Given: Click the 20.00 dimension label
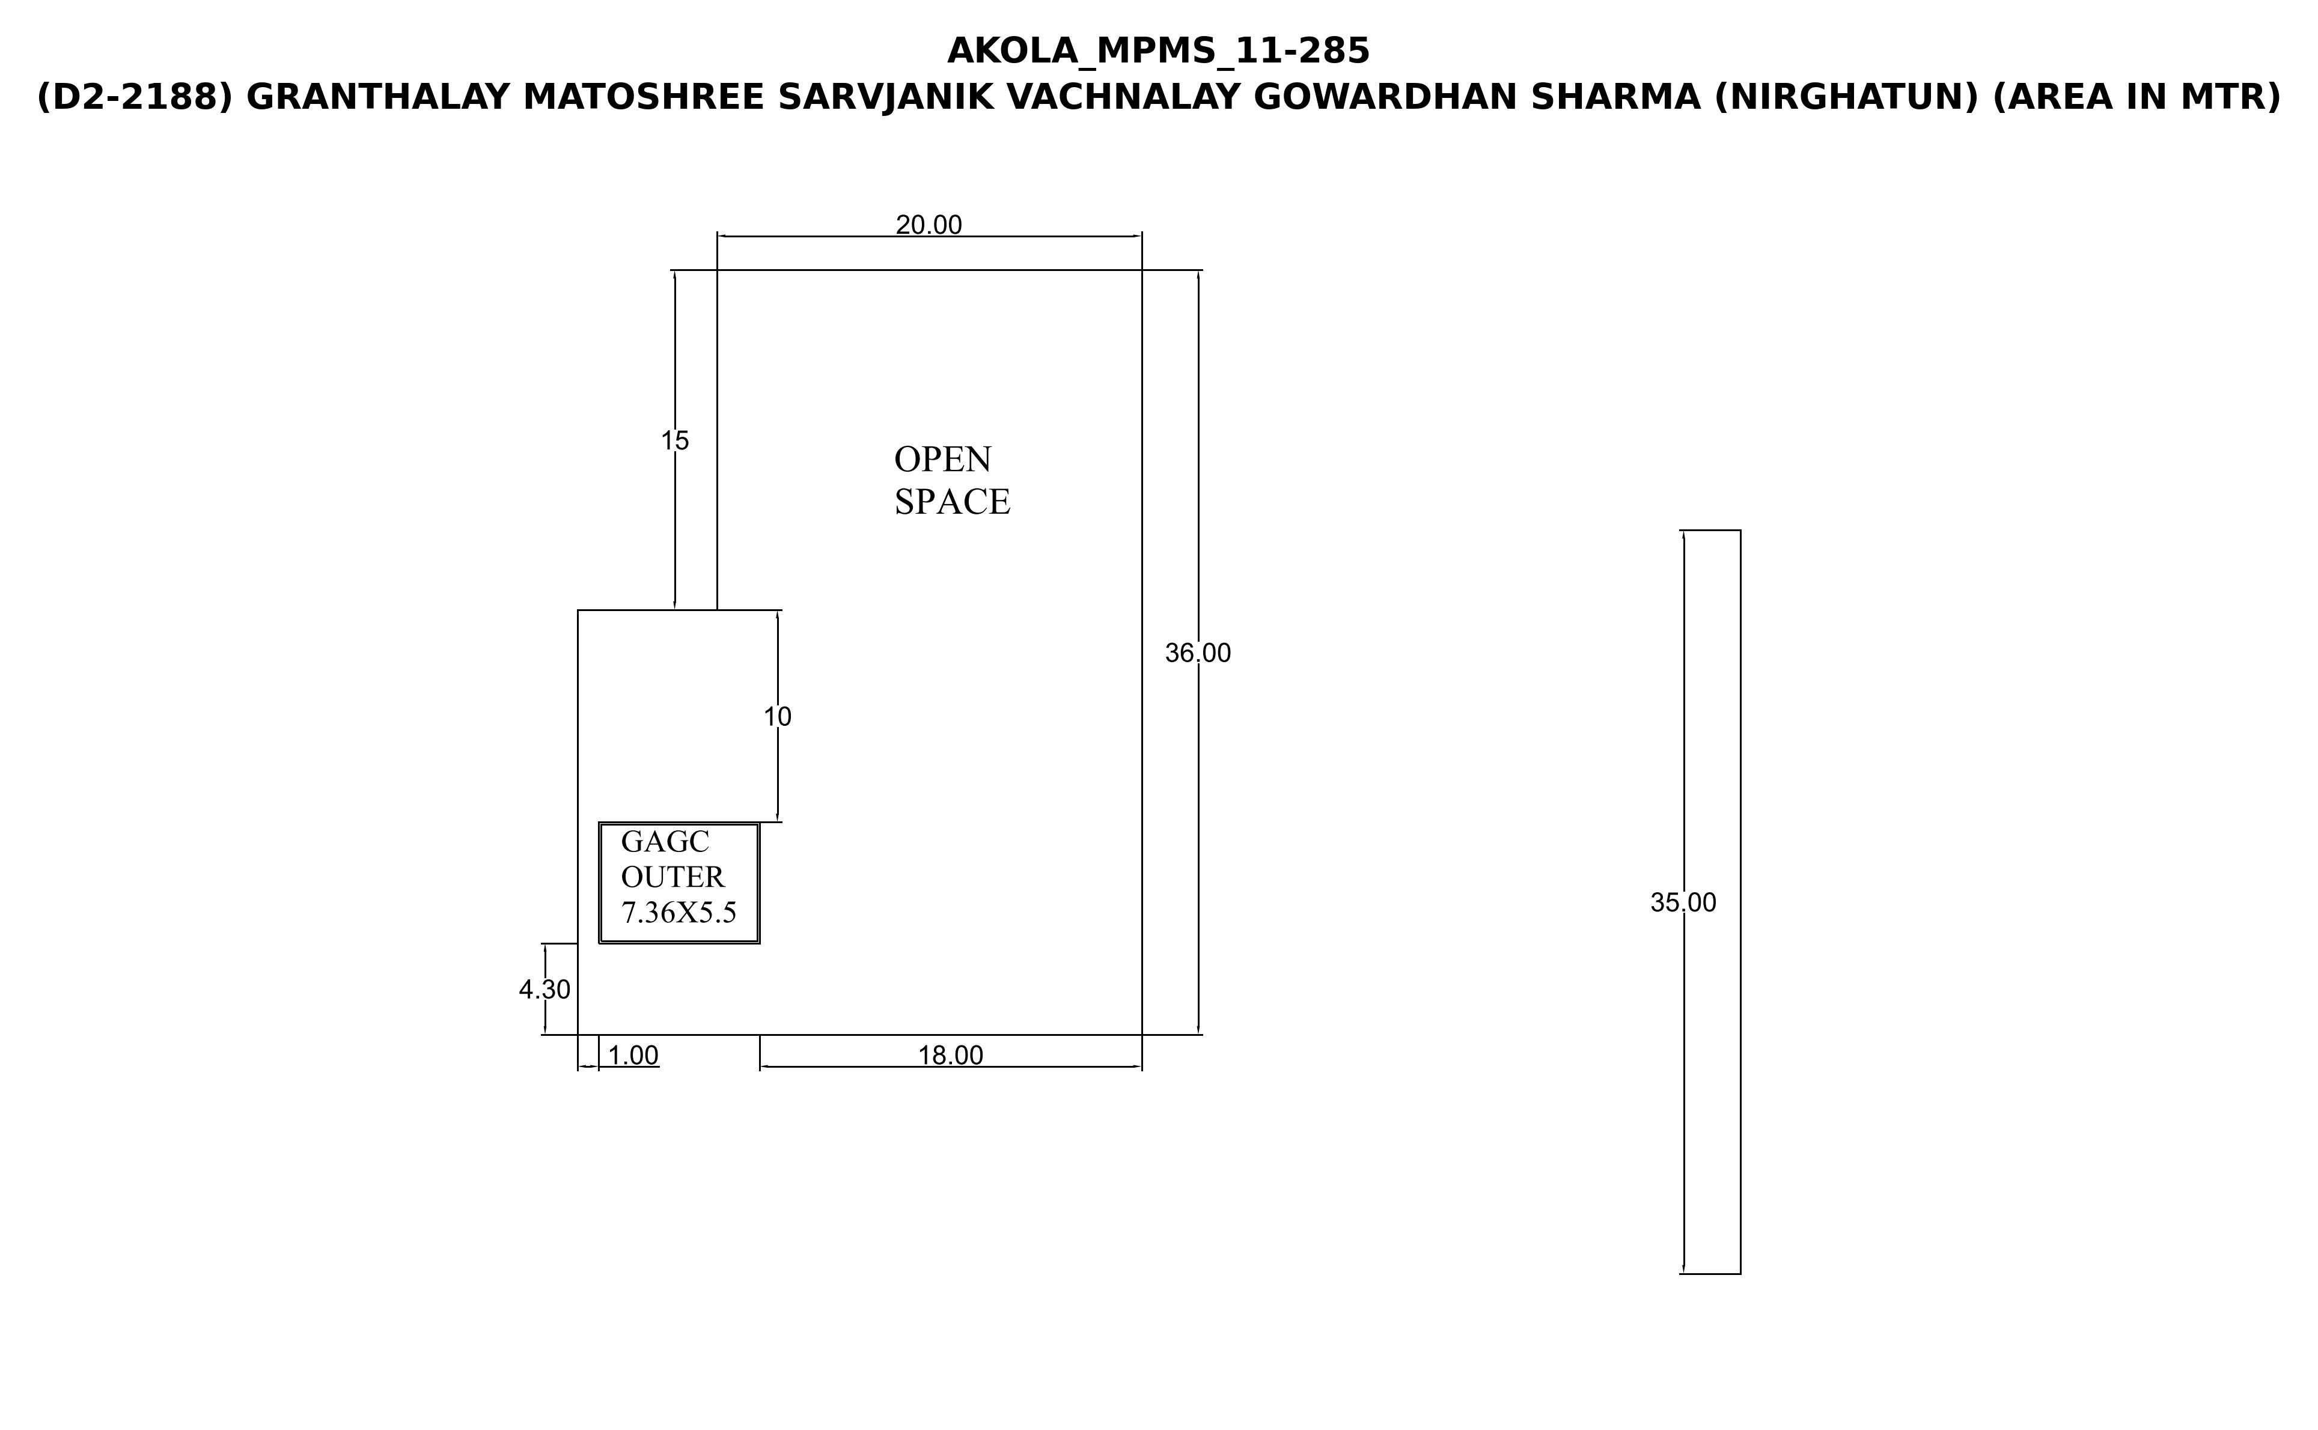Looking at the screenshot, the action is pos(929,225).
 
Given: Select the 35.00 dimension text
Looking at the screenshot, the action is pos(1683,903).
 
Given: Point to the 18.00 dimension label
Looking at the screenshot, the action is pos(951,1056).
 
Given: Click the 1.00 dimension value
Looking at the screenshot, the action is pos(633,1056).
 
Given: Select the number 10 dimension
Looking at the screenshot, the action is pos(778,717).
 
